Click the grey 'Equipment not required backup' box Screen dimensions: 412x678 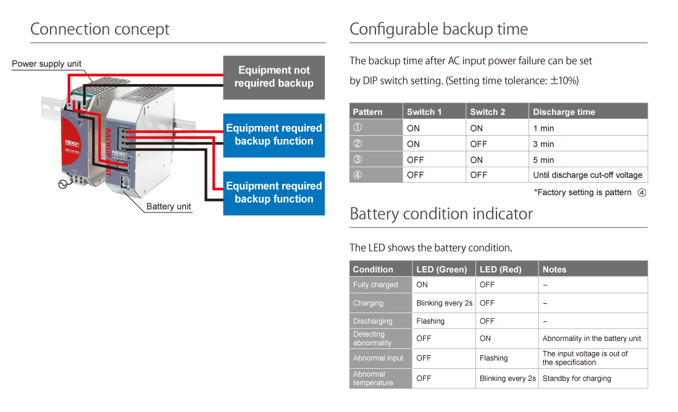(274, 77)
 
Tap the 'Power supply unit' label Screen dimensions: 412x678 (47, 64)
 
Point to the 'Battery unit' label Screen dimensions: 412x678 (169, 206)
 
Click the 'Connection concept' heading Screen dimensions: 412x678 (100, 29)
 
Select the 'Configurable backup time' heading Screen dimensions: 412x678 (438, 29)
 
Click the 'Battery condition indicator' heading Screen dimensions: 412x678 (441, 214)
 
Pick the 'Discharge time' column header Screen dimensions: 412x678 (564, 112)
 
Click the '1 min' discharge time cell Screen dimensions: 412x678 (543, 128)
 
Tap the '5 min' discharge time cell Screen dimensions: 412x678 (543, 159)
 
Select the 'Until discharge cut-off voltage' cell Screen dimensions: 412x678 (587, 175)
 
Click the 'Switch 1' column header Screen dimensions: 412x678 (424, 112)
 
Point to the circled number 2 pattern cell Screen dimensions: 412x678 (357, 144)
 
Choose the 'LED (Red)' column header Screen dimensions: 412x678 (500, 269)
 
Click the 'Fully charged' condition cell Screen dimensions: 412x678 (375, 285)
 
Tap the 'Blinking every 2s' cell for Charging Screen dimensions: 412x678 (444, 303)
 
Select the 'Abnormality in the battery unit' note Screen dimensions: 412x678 (592, 338)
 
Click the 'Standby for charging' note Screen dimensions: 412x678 (577, 378)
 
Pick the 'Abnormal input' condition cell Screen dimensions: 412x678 (378, 358)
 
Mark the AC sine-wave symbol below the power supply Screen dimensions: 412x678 (62, 183)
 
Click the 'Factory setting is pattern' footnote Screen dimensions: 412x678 (583, 193)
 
